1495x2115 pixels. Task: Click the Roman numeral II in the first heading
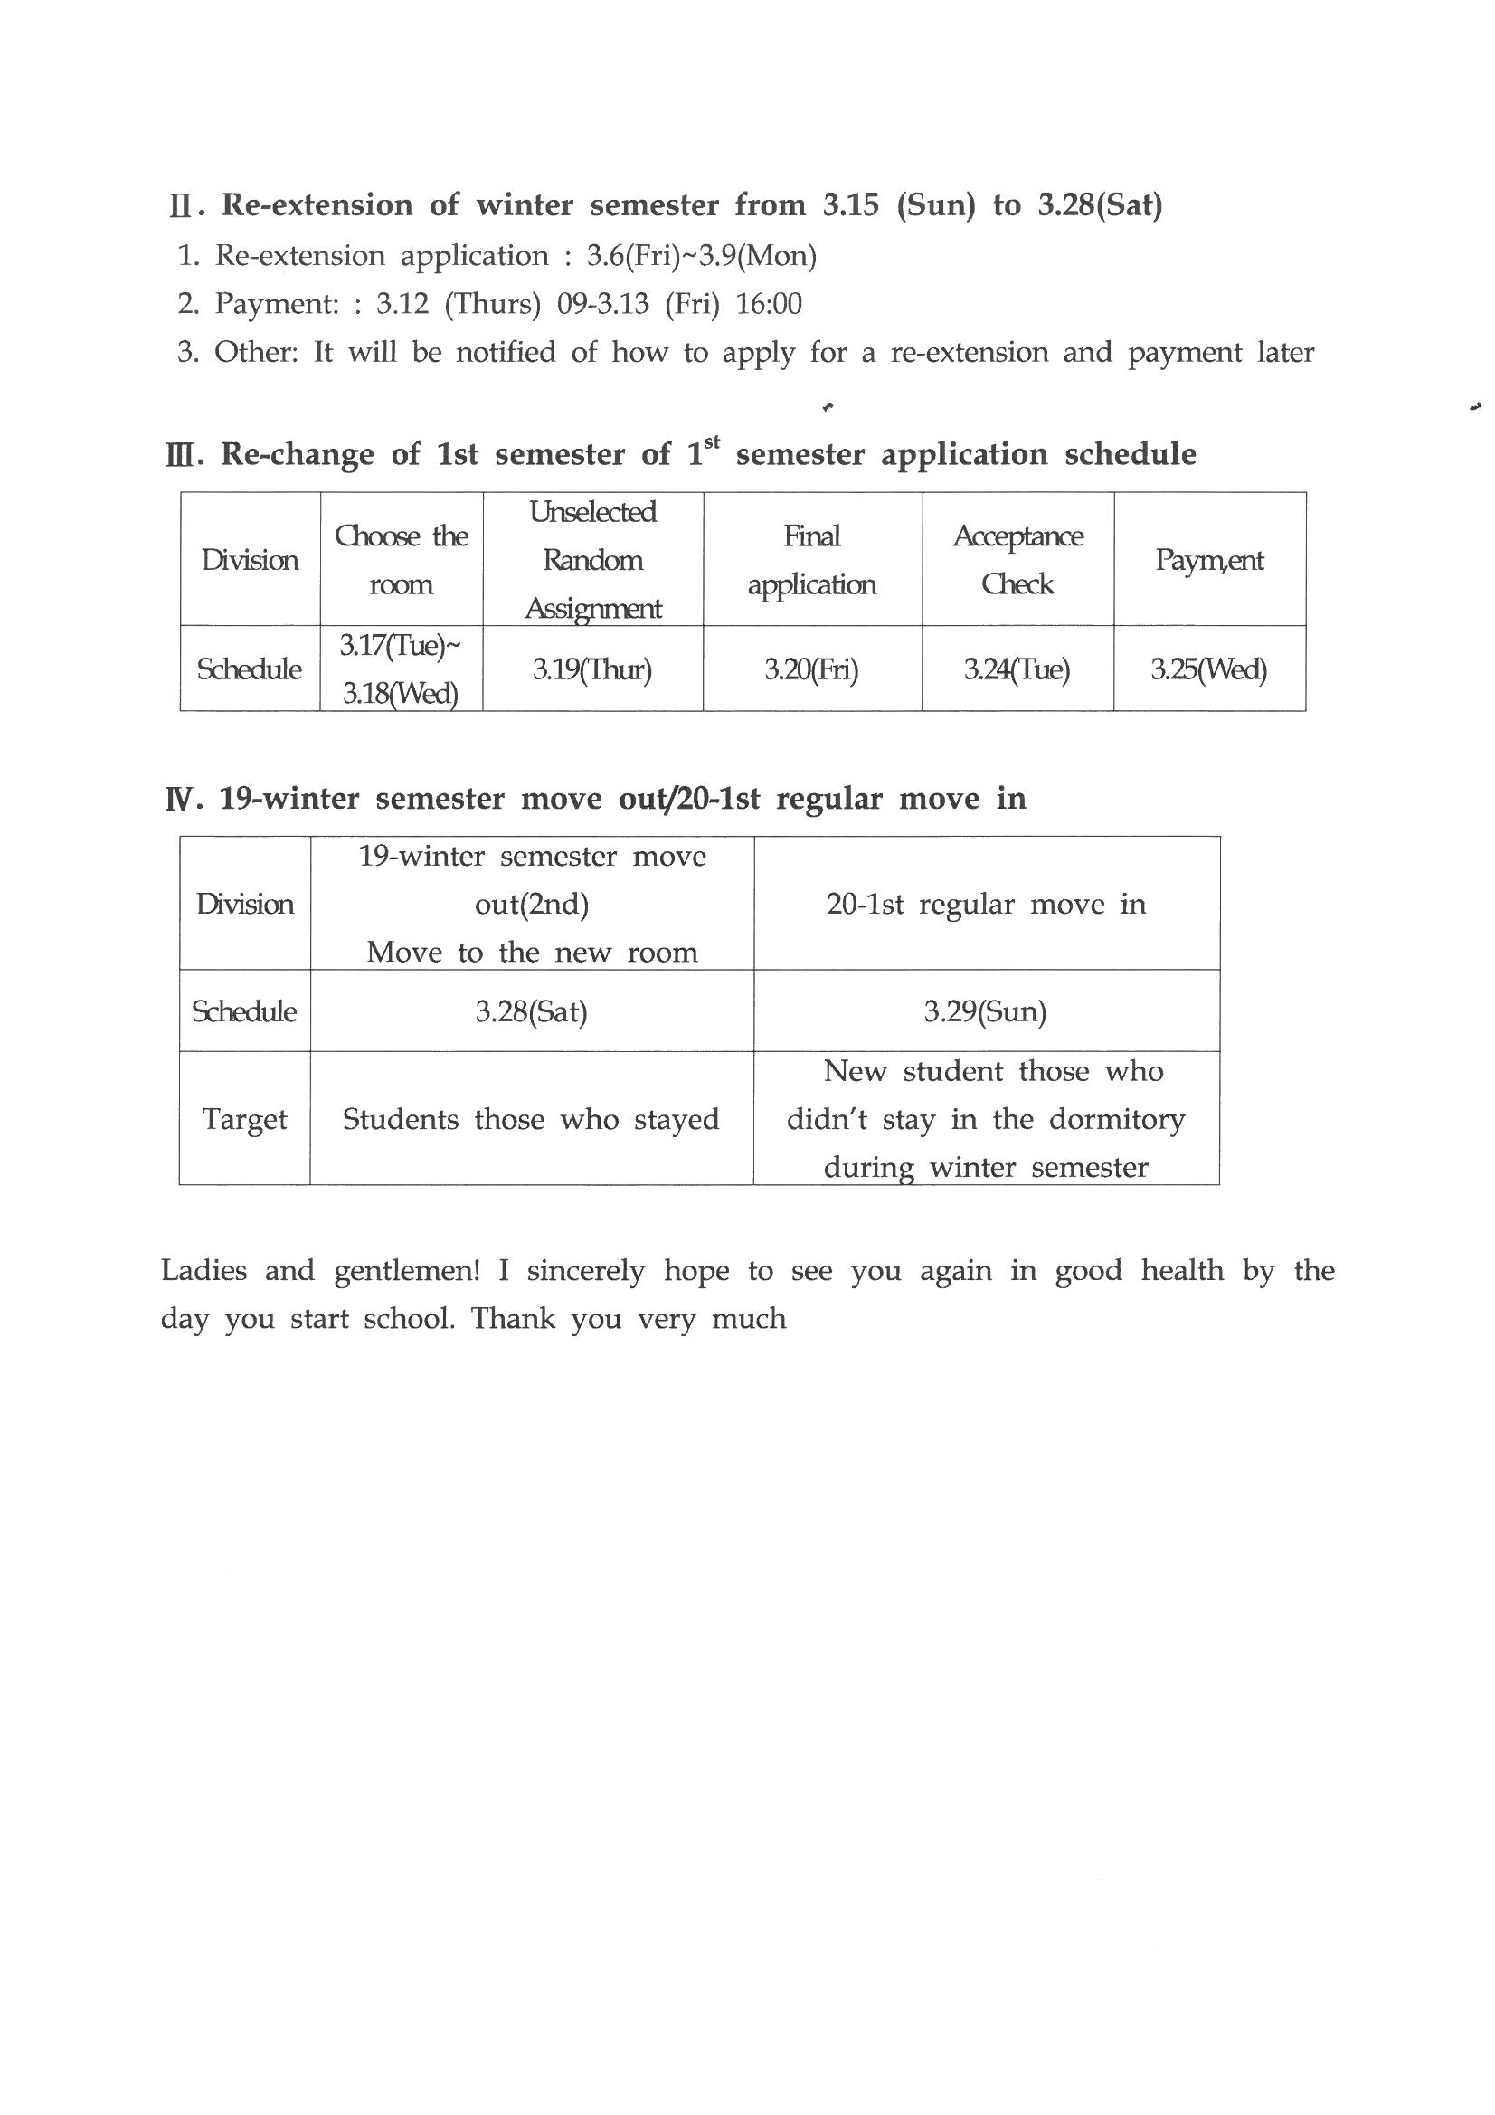coord(181,205)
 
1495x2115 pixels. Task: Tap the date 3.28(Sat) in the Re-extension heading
coord(1100,204)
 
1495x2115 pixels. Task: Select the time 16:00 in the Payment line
coord(768,304)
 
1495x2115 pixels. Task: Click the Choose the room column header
coord(401,559)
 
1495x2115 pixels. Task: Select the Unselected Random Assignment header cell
coord(592,559)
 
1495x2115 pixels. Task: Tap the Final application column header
coord(811,559)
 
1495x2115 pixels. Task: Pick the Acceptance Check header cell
coord(1017,559)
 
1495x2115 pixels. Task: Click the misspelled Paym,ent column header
coord(1209,560)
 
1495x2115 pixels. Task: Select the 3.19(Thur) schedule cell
coord(592,669)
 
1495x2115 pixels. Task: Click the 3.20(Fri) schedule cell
coord(811,669)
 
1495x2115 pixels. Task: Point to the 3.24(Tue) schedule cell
coord(1017,669)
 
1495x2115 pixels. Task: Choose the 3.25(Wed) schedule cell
coord(1208,669)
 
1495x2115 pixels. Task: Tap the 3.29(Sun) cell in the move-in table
coord(986,1012)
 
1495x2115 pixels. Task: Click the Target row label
coord(245,1119)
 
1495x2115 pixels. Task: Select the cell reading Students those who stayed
coord(531,1119)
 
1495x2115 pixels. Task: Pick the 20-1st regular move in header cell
coord(987,905)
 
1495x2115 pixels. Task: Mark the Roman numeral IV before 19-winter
coord(181,800)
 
